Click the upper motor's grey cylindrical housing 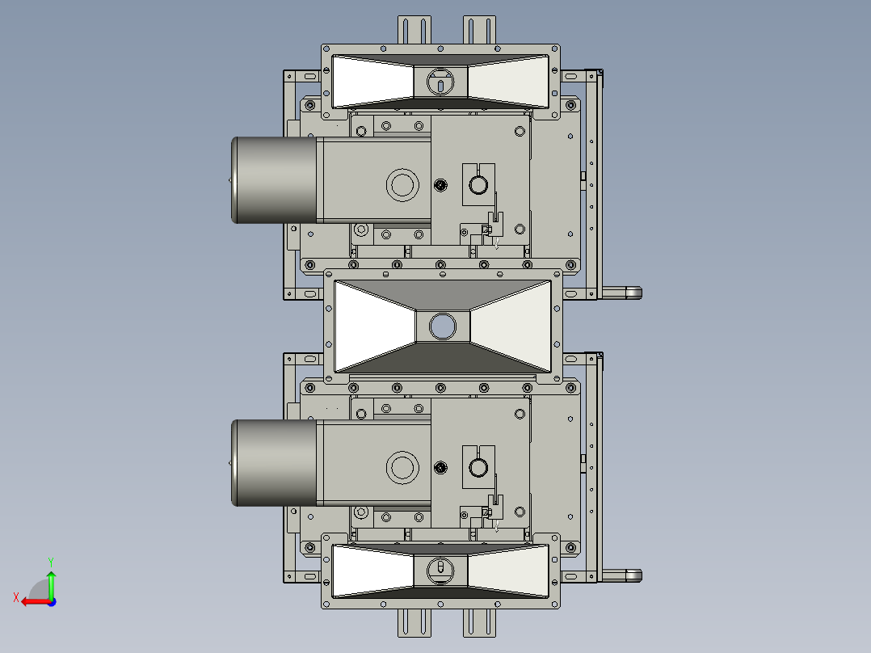[x=273, y=179]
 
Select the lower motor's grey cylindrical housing [x=273, y=463]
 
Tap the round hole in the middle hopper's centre [x=443, y=326]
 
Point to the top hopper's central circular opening [x=440, y=81]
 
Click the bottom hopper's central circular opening [x=440, y=569]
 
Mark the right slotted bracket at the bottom [x=479, y=622]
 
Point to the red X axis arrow [x=31, y=601]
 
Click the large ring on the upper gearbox [x=402, y=185]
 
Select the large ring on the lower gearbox [x=402, y=468]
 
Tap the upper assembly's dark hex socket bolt [x=440, y=185]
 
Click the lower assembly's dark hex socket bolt [x=440, y=468]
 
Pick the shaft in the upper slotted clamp [x=478, y=185]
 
